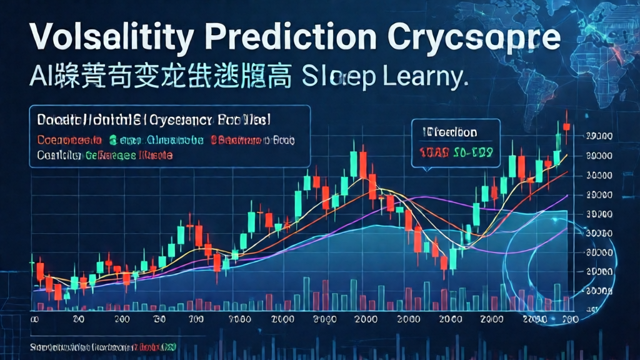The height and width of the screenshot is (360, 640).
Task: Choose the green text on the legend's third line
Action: click(109, 154)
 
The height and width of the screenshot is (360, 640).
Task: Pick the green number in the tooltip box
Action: click(474, 152)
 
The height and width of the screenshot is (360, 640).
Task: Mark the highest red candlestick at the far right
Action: click(566, 126)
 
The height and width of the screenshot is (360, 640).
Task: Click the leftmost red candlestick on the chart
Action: click(40, 271)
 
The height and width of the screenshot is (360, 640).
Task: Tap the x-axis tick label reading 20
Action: click(78, 318)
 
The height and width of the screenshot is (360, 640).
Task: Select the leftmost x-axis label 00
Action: click(36, 318)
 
